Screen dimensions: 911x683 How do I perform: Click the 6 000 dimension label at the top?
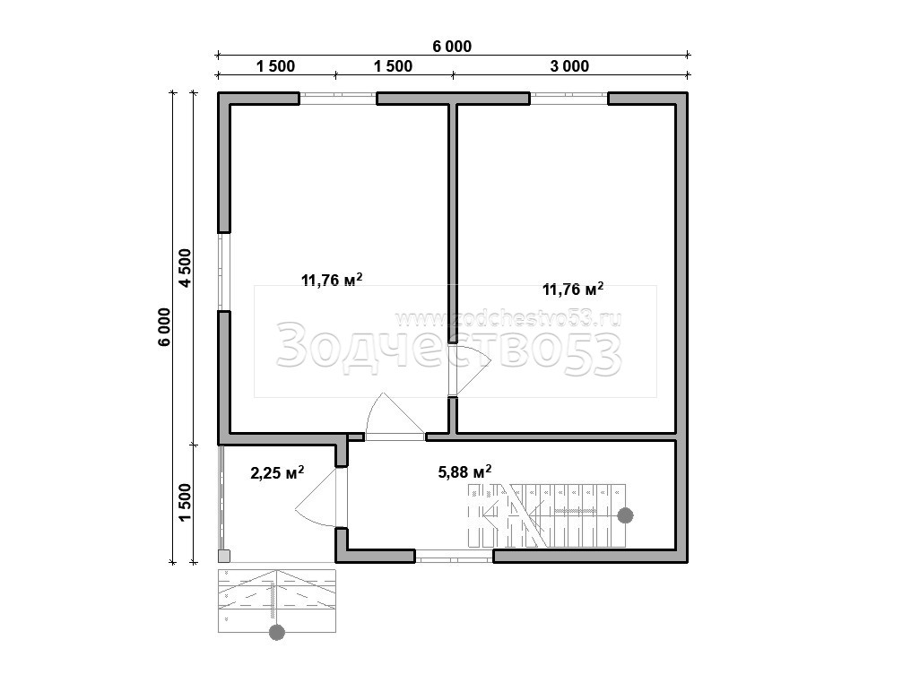452,47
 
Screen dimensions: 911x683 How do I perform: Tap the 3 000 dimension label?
569,66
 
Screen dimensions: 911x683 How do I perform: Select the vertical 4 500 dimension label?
185,268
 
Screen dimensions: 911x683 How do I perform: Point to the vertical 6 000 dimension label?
164,327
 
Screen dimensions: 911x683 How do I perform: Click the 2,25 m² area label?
277,472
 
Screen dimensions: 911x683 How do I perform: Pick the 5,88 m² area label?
464,471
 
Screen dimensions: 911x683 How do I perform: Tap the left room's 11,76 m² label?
332,280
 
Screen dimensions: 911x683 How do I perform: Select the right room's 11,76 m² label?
572,289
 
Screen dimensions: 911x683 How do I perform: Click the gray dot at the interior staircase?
625,515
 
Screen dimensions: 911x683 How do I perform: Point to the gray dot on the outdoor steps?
277,632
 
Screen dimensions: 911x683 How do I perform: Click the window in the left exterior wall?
224,272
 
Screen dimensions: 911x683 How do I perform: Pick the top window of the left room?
338,99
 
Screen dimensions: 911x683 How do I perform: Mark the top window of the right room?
568,99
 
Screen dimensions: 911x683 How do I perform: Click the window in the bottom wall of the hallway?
454,557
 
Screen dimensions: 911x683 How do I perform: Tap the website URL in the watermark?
508,318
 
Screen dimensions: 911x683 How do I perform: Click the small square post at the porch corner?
224,557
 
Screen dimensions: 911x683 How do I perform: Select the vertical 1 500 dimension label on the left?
185,503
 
